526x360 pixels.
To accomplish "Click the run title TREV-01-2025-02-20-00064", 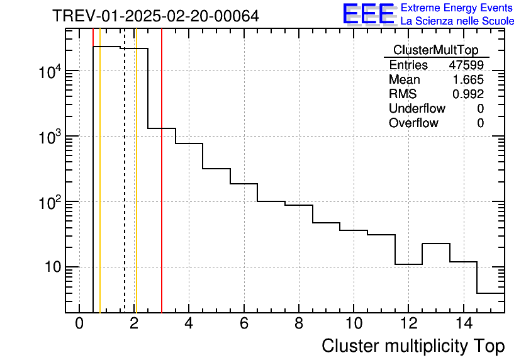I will tap(155, 16).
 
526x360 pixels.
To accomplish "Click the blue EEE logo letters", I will tap(369, 14).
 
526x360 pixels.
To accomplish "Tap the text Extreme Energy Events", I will tap(457, 8).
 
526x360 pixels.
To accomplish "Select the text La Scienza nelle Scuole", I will tap(457, 21).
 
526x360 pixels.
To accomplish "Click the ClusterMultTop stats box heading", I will tap(435, 50).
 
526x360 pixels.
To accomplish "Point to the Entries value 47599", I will tap(466, 65).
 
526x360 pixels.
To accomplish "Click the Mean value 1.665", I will tap(469, 79).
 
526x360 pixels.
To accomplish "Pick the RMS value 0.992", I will tap(469, 94).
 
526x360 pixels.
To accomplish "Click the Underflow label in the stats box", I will tap(417, 108).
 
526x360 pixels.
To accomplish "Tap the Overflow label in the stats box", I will tap(413, 123).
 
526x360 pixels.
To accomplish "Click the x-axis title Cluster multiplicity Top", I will tap(413, 346).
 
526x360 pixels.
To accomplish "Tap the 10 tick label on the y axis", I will tap(48, 267).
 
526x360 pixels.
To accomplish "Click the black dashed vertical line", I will tap(125, 189).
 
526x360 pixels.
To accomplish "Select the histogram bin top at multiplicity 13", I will tap(436, 244).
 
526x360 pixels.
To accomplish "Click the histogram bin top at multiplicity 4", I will tap(189, 143).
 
